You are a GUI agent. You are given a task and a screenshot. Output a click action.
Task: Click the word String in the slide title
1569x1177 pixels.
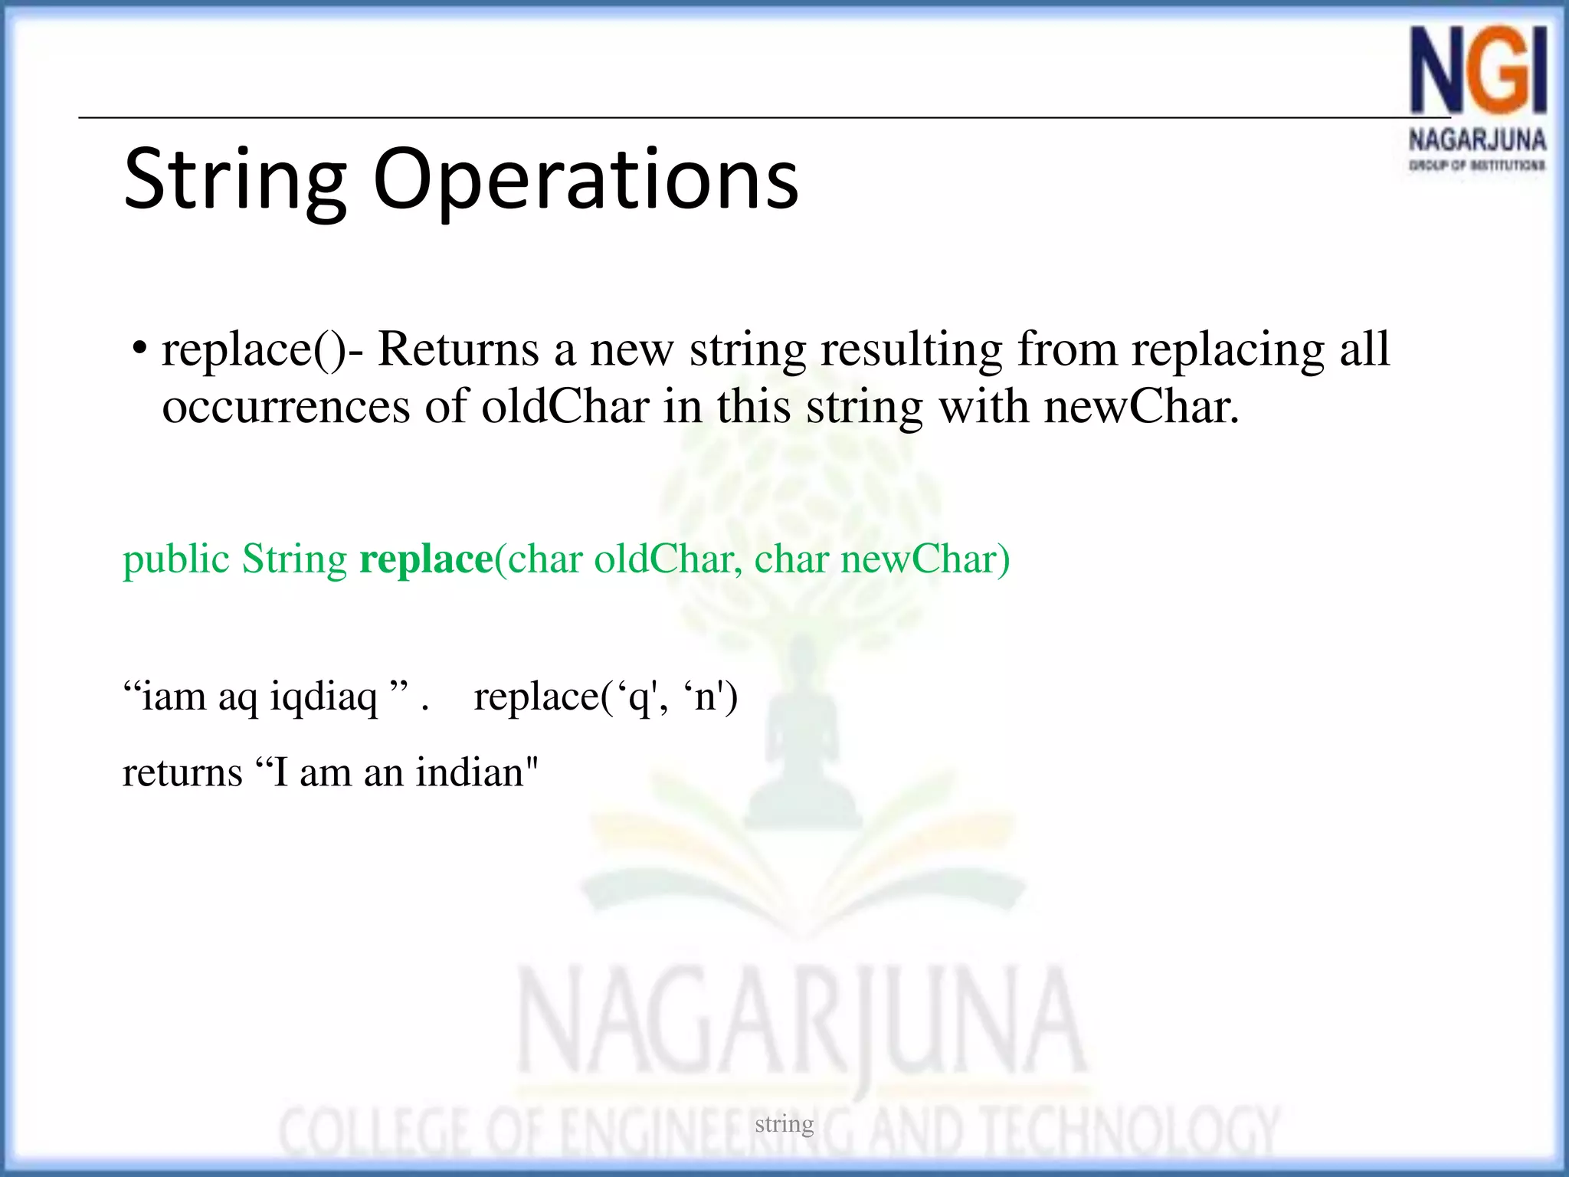(x=234, y=181)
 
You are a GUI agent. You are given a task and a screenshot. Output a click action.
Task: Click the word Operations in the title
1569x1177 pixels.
(x=585, y=181)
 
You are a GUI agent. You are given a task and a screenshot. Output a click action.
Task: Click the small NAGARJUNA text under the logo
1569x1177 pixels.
(x=1477, y=140)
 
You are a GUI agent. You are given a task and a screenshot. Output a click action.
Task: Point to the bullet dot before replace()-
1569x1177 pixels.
(x=139, y=349)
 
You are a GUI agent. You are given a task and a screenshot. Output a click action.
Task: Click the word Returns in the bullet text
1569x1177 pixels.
(x=458, y=349)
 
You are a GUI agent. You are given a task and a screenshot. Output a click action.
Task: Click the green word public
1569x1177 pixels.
(x=176, y=560)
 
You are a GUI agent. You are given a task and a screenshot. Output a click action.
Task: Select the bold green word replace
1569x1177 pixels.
(x=426, y=559)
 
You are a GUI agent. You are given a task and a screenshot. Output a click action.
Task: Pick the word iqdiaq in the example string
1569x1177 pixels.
(x=324, y=698)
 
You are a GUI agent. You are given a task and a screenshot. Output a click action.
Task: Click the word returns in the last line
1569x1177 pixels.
(x=182, y=772)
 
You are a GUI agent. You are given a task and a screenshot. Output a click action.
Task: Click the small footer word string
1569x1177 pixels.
(x=784, y=1124)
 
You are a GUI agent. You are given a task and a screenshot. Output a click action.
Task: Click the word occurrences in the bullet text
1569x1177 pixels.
(x=286, y=407)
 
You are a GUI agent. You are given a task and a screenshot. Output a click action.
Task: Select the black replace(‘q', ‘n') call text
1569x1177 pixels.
(x=605, y=698)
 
